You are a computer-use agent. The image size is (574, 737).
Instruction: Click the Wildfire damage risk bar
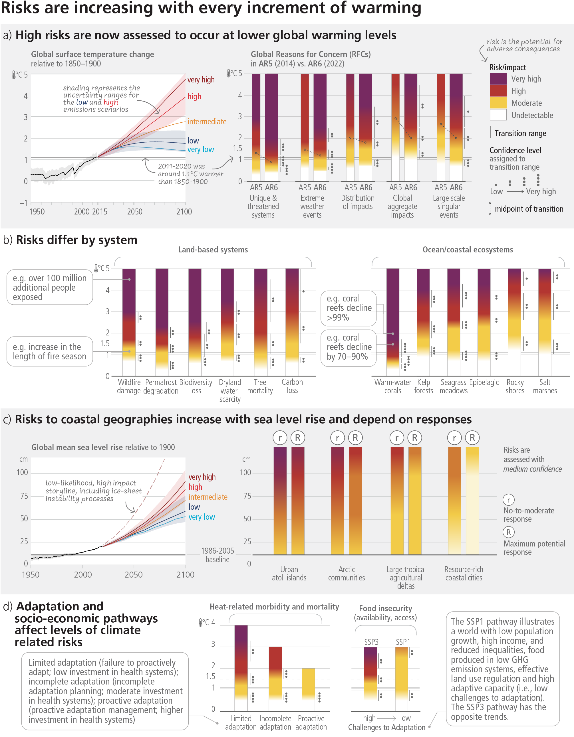click(x=129, y=314)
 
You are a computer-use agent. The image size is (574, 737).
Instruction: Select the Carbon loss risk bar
click(x=292, y=314)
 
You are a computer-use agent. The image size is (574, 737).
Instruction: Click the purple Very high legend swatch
click(x=498, y=79)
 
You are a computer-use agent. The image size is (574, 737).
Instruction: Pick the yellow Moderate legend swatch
click(x=498, y=103)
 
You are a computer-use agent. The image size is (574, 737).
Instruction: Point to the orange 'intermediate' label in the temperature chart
click(x=207, y=122)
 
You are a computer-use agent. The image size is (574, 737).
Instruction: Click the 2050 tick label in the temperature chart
click(x=134, y=212)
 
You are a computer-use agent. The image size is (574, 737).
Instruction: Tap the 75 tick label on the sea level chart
click(x=24, y=496)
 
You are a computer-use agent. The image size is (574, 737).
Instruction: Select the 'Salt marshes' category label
click(x=545, y=386)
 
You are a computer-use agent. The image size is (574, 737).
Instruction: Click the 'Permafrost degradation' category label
click(x=161, y=386)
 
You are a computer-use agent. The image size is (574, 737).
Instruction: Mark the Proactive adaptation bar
click(x=308, y=689)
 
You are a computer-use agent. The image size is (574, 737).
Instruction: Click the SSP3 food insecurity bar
click(x=370, y=678)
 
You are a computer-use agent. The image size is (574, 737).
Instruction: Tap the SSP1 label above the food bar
click(x=403, y=642)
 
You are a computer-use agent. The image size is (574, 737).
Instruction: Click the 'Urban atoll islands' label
click(x=289, y=573)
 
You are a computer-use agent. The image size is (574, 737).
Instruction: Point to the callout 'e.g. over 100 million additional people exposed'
click(x=50, y=287)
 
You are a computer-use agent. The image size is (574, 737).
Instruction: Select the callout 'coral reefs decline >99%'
click(x=349, y=308)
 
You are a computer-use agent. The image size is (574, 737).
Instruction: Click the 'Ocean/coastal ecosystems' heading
click(x=468, y=250)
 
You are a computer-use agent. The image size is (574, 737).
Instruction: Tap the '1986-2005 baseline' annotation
click(x=217, y=555)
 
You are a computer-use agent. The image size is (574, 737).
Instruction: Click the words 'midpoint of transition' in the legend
click(x=529, y=209)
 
